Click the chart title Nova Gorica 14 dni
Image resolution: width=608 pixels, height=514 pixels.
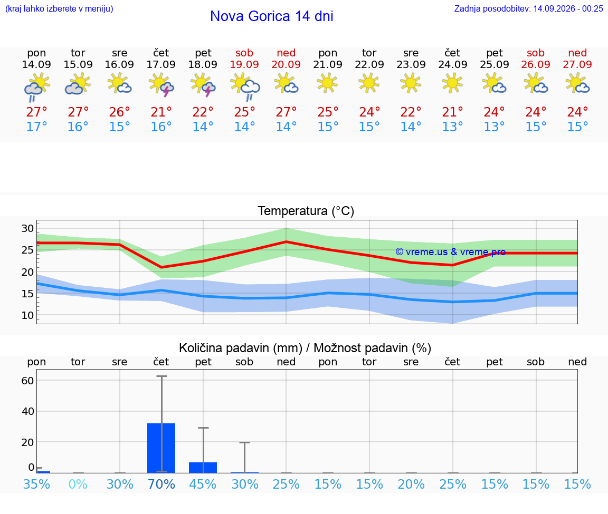point(271,16)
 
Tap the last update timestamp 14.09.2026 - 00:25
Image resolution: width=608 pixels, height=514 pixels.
point(568,8)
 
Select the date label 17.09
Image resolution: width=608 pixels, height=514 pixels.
point(161,64)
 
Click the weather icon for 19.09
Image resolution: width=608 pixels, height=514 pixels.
point(245,87)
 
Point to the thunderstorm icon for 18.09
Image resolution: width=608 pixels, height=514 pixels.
point(203,85)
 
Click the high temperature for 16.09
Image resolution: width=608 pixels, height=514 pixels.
point(119,112)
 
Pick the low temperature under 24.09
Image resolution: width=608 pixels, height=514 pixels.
point(452,127)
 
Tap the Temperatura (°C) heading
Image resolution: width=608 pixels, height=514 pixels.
point(306,211)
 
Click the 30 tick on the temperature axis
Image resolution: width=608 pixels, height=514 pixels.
point(27,228)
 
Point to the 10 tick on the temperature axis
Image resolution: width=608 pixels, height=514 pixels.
point(27,315)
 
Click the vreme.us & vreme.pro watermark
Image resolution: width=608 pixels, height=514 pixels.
point(451,252)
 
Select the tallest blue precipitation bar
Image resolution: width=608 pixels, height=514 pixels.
point(161,448)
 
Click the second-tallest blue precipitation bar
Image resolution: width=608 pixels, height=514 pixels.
point(203,468)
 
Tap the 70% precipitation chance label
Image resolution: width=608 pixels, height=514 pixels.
point(161,484)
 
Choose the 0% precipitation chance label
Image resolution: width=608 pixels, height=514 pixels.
point(78,484)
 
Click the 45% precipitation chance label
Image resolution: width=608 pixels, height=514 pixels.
point(203,484)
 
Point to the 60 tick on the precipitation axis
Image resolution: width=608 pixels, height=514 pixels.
point(27,381)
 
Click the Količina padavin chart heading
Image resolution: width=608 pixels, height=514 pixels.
point(305,348)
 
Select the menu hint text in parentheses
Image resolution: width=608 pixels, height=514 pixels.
point(59,8)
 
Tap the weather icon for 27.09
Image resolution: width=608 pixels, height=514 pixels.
point(577,84)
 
